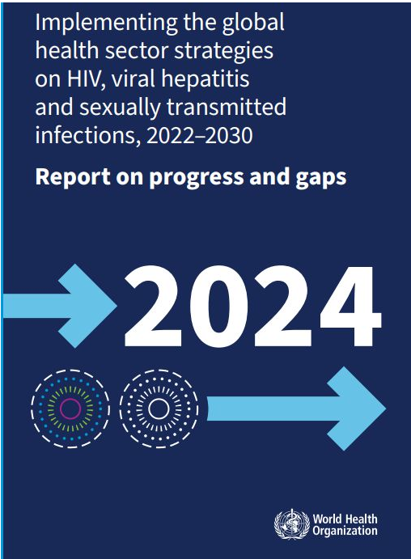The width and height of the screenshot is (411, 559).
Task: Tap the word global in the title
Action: tap(253, 22)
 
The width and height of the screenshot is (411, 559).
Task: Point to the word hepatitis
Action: tap(205, 78)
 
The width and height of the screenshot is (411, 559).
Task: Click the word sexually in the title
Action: tap(120, 108)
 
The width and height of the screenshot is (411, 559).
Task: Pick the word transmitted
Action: tap(227, 107)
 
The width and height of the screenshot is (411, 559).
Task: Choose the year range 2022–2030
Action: tap(200, 136)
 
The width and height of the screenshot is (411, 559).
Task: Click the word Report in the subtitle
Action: tap(72, 177)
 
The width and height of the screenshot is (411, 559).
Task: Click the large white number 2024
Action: tap(252, 306)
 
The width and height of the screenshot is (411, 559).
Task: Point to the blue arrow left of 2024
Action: tap(60, 306)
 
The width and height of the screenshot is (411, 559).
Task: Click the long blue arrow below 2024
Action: tap(296, 409)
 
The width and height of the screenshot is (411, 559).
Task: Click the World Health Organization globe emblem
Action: tap(292, 523)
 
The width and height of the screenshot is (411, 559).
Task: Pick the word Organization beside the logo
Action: tap(345, 531)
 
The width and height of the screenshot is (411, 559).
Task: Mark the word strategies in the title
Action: tap(224, 51)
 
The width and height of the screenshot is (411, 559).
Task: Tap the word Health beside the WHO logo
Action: tap(361, 519)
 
